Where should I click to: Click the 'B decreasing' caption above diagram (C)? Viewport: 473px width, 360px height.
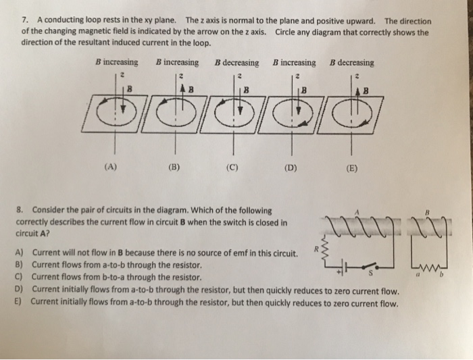236,63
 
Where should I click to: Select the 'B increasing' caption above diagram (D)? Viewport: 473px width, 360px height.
294,63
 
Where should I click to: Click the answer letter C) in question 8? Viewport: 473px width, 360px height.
19,278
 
